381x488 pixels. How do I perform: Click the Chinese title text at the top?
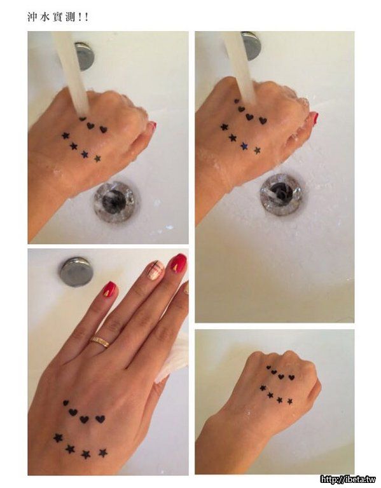pos(58,17)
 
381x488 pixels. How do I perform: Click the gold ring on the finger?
pos(100,342)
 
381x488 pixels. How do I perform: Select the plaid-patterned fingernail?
pos(155,270)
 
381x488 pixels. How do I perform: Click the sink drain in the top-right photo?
pos(283,194)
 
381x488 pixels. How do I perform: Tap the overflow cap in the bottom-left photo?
pos(76,271)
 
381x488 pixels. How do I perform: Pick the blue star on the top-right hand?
pos(244,146)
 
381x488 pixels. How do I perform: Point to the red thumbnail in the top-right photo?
pos(314,118)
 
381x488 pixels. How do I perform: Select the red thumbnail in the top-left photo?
pos(152,126)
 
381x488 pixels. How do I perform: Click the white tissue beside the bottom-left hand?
pos(174,358)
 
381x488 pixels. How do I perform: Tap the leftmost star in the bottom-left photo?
pos(58,438)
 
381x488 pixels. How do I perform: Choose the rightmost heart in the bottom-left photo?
pos(100,419)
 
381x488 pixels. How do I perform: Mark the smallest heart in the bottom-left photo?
pos(66,403)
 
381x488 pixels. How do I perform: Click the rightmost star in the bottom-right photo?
pos(289,401)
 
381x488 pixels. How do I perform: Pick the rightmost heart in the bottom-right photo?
pos(291,377)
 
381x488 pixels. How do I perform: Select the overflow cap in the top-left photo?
pos(85,57)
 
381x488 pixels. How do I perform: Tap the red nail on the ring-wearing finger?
pos(109,289)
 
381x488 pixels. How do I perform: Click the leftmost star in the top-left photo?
pos(65,135)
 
